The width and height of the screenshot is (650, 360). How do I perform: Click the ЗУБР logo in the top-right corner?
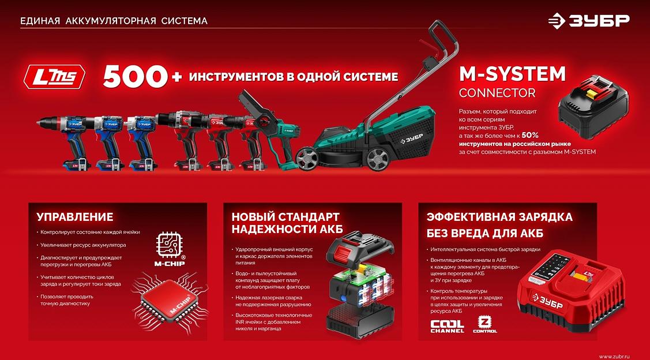[x=589, y=21]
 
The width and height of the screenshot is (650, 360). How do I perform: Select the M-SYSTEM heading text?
[x=512, y=74]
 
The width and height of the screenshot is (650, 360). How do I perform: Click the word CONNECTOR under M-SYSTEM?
[x=497, y=93]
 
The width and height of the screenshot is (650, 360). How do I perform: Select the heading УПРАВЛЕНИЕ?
[x=75, y=217]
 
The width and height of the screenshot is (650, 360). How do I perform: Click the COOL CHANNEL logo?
[x=447, y=327]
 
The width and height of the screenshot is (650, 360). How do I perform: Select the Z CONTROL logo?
[x=484, y=324]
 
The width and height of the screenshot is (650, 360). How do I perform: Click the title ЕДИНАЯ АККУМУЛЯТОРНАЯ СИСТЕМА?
[x=114, y=21]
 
